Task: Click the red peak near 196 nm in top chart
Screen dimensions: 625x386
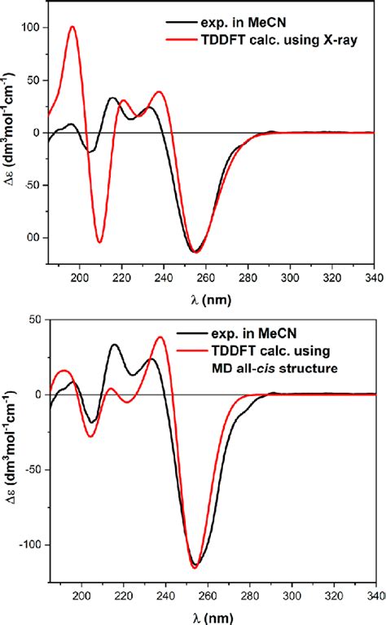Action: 72,27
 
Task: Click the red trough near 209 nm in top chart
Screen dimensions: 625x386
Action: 99,242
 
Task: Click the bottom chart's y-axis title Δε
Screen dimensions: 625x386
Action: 10,460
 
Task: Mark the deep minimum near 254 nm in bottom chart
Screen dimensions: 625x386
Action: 195,567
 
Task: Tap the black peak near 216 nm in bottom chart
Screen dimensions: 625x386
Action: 114,345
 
